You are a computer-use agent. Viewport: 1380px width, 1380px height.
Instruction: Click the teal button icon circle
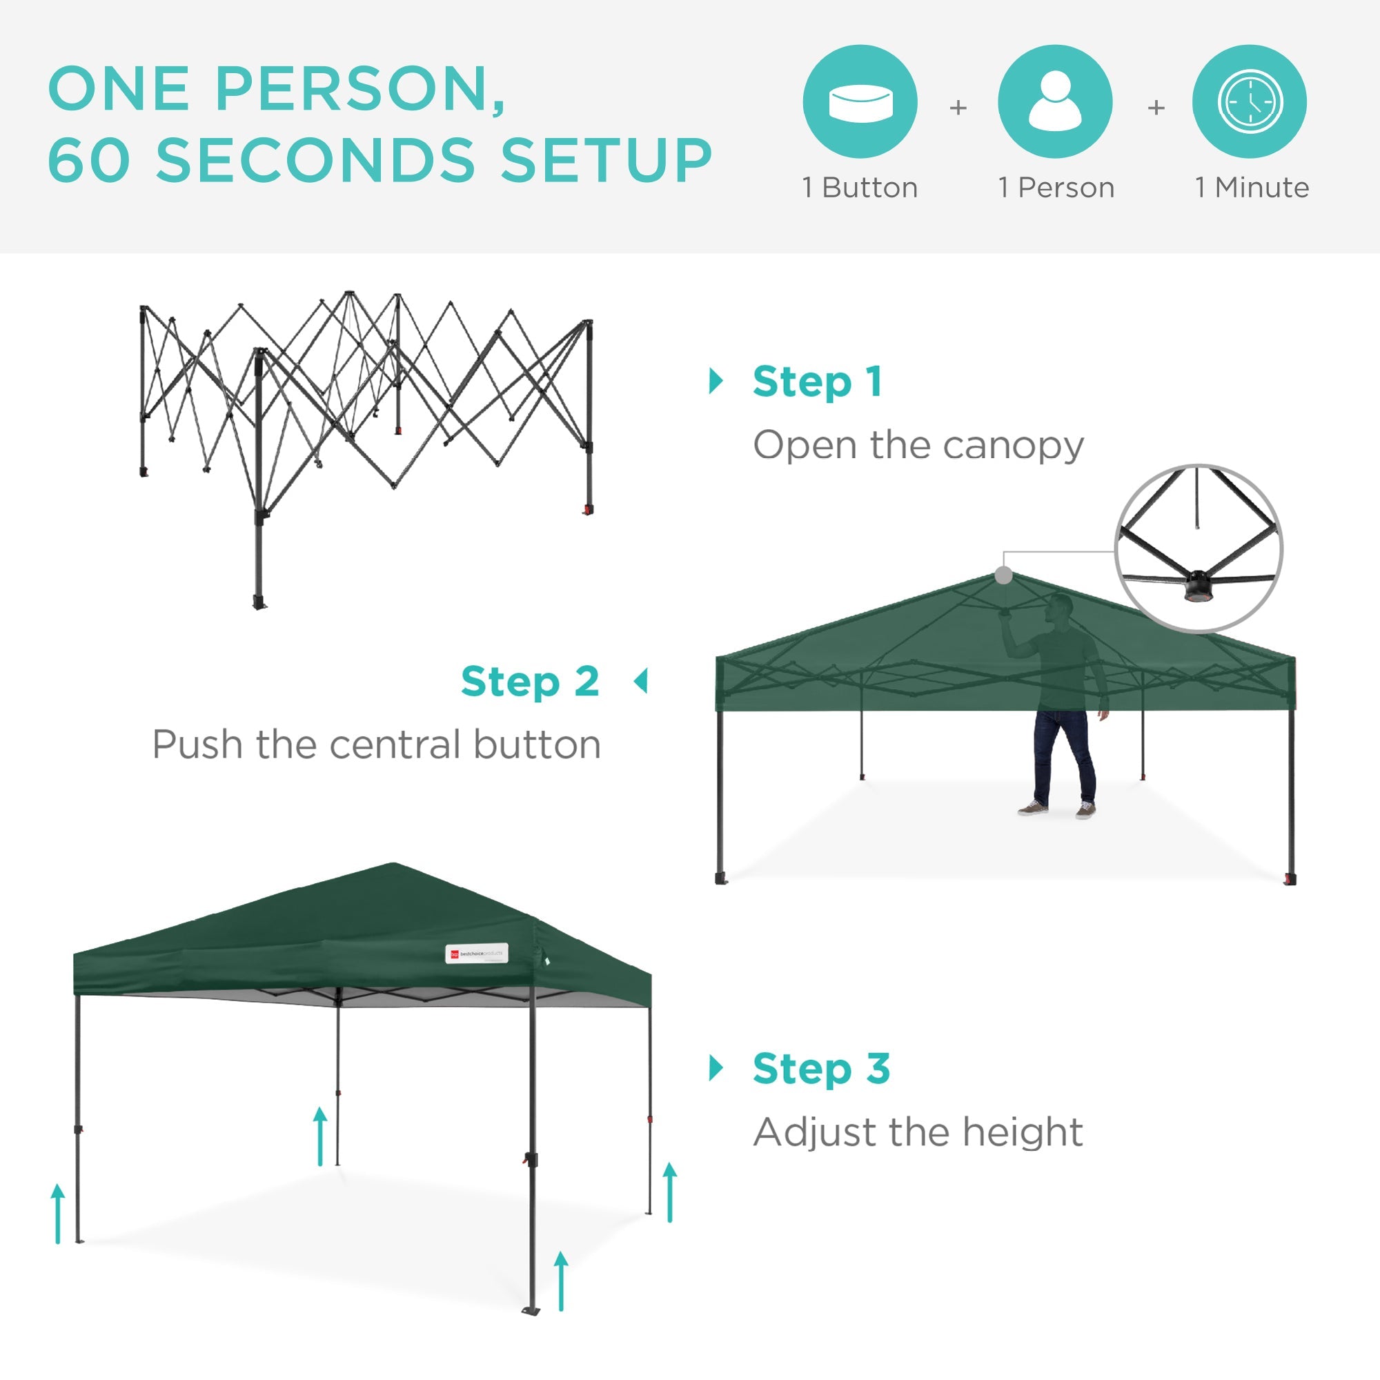[x=860, y=101]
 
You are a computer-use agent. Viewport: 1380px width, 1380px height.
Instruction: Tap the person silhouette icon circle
[x=1055, y=101]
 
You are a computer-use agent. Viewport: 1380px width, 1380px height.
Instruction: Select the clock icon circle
[x=1250, y=101]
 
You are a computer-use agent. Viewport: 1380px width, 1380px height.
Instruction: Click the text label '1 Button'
[x=860, y=188]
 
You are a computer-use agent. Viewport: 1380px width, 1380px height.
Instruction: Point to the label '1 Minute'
[x=1252, y=188]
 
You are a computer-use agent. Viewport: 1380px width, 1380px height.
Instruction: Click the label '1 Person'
[x=1056, y=188]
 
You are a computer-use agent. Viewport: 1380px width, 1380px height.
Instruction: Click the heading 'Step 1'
[x=817, y=382]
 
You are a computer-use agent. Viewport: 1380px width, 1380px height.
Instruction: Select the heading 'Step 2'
[x=529, y=682]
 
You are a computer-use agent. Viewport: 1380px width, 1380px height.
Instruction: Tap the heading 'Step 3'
[x=820, y=1069]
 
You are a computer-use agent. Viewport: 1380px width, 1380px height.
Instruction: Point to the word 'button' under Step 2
[x=536, y=745]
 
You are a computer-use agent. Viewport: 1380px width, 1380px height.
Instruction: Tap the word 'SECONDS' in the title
[x=315, y=159]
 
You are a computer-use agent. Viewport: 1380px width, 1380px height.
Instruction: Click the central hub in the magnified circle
[x=1198, y=586]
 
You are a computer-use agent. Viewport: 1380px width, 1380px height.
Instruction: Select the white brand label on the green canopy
[x=476, y=954]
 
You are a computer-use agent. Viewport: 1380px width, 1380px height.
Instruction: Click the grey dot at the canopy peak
[x=1003, y=575]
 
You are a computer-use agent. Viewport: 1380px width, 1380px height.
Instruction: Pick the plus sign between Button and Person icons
[x=958, y=108]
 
